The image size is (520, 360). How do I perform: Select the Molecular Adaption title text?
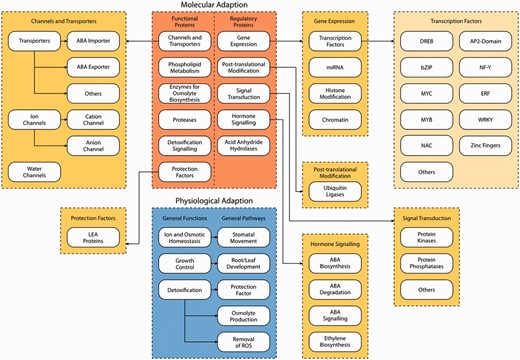pyautogui.click(x=214, y=6)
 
